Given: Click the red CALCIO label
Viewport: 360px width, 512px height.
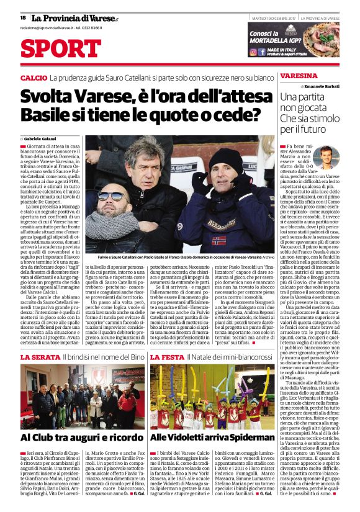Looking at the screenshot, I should coord(33,79).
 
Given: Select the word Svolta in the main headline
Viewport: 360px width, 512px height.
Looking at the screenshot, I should coord(50,97).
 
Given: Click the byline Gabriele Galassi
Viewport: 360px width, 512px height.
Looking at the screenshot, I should coord(43,138).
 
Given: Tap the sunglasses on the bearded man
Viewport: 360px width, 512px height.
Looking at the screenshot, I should coord(114,196).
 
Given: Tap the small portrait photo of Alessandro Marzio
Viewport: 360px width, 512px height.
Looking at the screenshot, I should coord(326,158).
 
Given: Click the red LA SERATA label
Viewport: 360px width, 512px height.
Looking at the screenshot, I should coord(40,358).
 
